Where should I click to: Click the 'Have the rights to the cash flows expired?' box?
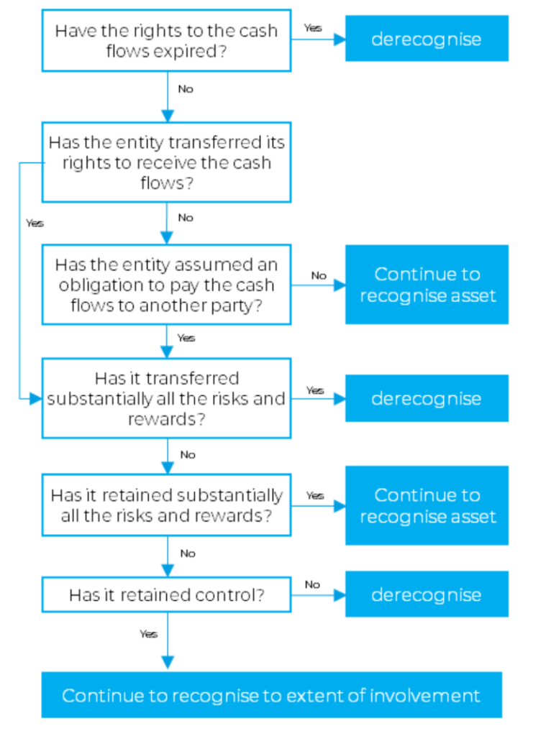[x=166, y=40]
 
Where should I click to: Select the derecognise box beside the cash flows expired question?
[x=427, y=39]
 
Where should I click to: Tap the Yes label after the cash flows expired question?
[x=313, y=28]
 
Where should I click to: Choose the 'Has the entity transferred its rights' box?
[x=166, y=162]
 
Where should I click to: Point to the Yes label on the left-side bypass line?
[x=35, y=224]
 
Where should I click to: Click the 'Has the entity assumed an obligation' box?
[x=166, y=285]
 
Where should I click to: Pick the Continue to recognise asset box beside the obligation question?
[x=427, y=285]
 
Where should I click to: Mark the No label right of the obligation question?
[x=319, y=275]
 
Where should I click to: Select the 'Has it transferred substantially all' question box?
[x=166, y=398]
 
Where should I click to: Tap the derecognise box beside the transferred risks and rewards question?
[x=427, y=398]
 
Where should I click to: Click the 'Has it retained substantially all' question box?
[x=166, y=505]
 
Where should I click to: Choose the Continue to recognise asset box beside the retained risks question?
[x=427, y=505]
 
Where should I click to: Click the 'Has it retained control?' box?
[x=166, y=594]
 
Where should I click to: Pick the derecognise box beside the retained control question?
[x=427, y=594]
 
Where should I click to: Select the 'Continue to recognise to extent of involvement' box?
[x=271, y=695]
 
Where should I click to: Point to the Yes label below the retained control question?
[x=149, y=634]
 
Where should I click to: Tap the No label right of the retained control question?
[x=312, y=584]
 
